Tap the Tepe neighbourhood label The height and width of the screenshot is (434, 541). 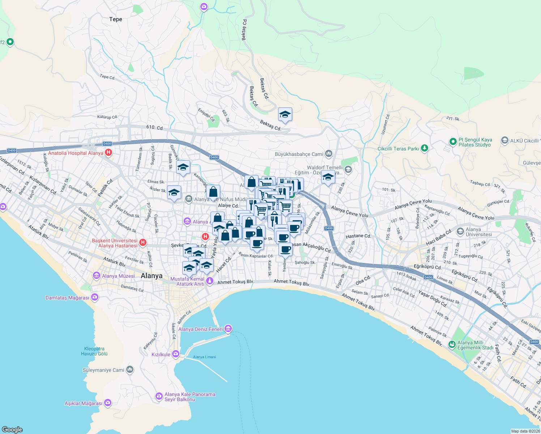pyautogui.click(x=116, y=19)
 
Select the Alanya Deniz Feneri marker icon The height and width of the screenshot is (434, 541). pyautogui.click(x=228, y=329)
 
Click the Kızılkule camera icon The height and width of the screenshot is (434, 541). pyautogui.click(x=176, y=354)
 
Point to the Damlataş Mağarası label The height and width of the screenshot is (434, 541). pyautogui.click(x=67, y=298)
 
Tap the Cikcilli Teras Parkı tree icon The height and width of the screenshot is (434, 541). pyautogui.click(x=425, y=148)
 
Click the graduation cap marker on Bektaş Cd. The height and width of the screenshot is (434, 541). pyautogui.click(x=285, y=115)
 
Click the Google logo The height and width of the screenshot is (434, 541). pyautogui.click(x=12, y=429)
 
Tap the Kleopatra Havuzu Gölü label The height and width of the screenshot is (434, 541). pyautogui.click(x=94, y=351)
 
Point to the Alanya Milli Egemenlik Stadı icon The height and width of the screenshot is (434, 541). pyautogui.click(x=452, y=344)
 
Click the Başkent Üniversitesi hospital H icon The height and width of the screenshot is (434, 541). pyautogui.click(x=142, y=242)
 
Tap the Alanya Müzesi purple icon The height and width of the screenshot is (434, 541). pyautogui.click(x=97, y=276)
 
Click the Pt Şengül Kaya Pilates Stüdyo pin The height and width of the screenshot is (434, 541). pyautogui.click(x=453, y=142)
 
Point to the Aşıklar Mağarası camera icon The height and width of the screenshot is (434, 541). pyautogui.click(x=108, y=403)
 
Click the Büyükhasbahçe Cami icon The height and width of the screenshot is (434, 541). pyautogui.click(x=329, y=154)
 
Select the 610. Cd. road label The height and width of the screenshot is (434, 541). pyautogui.click(x=155, y=128)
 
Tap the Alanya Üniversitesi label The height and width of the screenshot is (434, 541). pyautogui.click(x=479, y=232)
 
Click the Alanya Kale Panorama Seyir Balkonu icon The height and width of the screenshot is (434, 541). pyautogui.click(x=159, y=396)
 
